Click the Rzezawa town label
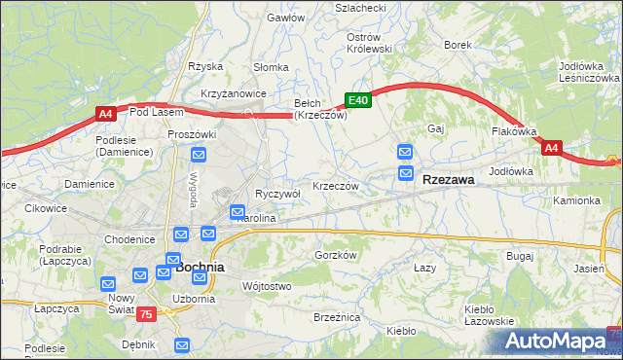pos(449,180)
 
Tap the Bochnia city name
pos(200,266)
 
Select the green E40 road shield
pos(358,100)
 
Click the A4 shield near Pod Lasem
pos(106,114)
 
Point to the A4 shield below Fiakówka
pos(552,148)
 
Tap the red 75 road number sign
pos(145,313)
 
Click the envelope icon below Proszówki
pos(199,154)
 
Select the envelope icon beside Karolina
pos(237,211)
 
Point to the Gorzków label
pos(337,255)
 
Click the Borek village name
pos(458,45)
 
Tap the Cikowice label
pos(45,208)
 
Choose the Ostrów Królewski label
pos(369,42)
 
